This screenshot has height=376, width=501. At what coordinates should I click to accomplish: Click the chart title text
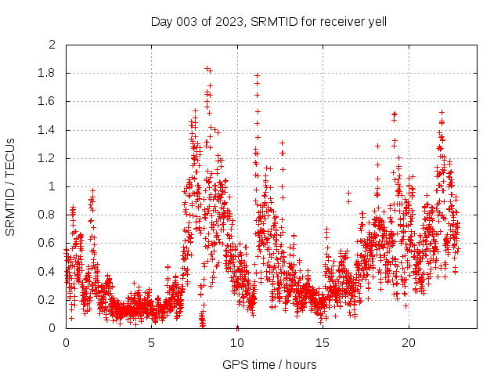(269, 21)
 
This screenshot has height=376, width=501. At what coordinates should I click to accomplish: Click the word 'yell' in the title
(377, 21)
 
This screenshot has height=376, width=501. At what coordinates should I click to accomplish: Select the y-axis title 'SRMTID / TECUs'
(10, 186)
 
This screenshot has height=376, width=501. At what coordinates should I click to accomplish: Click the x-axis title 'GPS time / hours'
(269, 364)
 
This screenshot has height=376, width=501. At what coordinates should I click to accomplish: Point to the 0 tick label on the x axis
(66, 343)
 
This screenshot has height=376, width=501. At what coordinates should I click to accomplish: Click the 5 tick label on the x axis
(152, 343)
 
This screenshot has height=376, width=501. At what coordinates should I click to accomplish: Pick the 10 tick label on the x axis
(237, 343)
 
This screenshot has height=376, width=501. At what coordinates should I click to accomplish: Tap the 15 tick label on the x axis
(323, 343)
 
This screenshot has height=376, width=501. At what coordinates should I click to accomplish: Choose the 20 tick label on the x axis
(409, 343)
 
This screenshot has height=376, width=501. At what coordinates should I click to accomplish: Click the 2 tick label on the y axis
(52, 45)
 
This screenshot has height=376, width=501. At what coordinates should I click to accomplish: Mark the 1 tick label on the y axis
(52, 186)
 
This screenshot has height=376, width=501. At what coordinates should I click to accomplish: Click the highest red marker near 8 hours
(207, 68)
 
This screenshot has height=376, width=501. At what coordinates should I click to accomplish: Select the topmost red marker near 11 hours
(257, 76)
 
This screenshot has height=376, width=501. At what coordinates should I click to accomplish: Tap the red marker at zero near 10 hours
(237, 327)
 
